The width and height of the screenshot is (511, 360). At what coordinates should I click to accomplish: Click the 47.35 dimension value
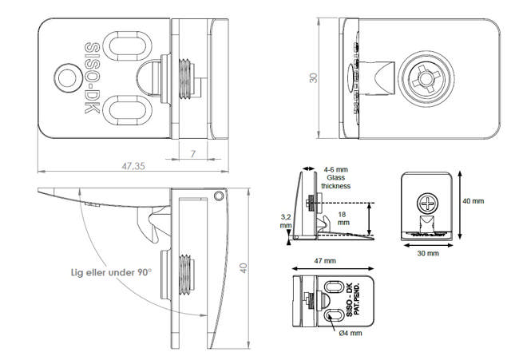click(133, 166)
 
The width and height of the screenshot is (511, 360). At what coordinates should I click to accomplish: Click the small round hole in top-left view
click(65, 77)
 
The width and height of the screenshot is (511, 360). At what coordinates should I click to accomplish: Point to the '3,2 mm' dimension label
click(285, 221)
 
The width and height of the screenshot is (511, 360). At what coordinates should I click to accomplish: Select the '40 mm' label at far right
click(473, 201)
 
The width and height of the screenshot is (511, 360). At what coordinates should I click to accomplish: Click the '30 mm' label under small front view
click(427, 253)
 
